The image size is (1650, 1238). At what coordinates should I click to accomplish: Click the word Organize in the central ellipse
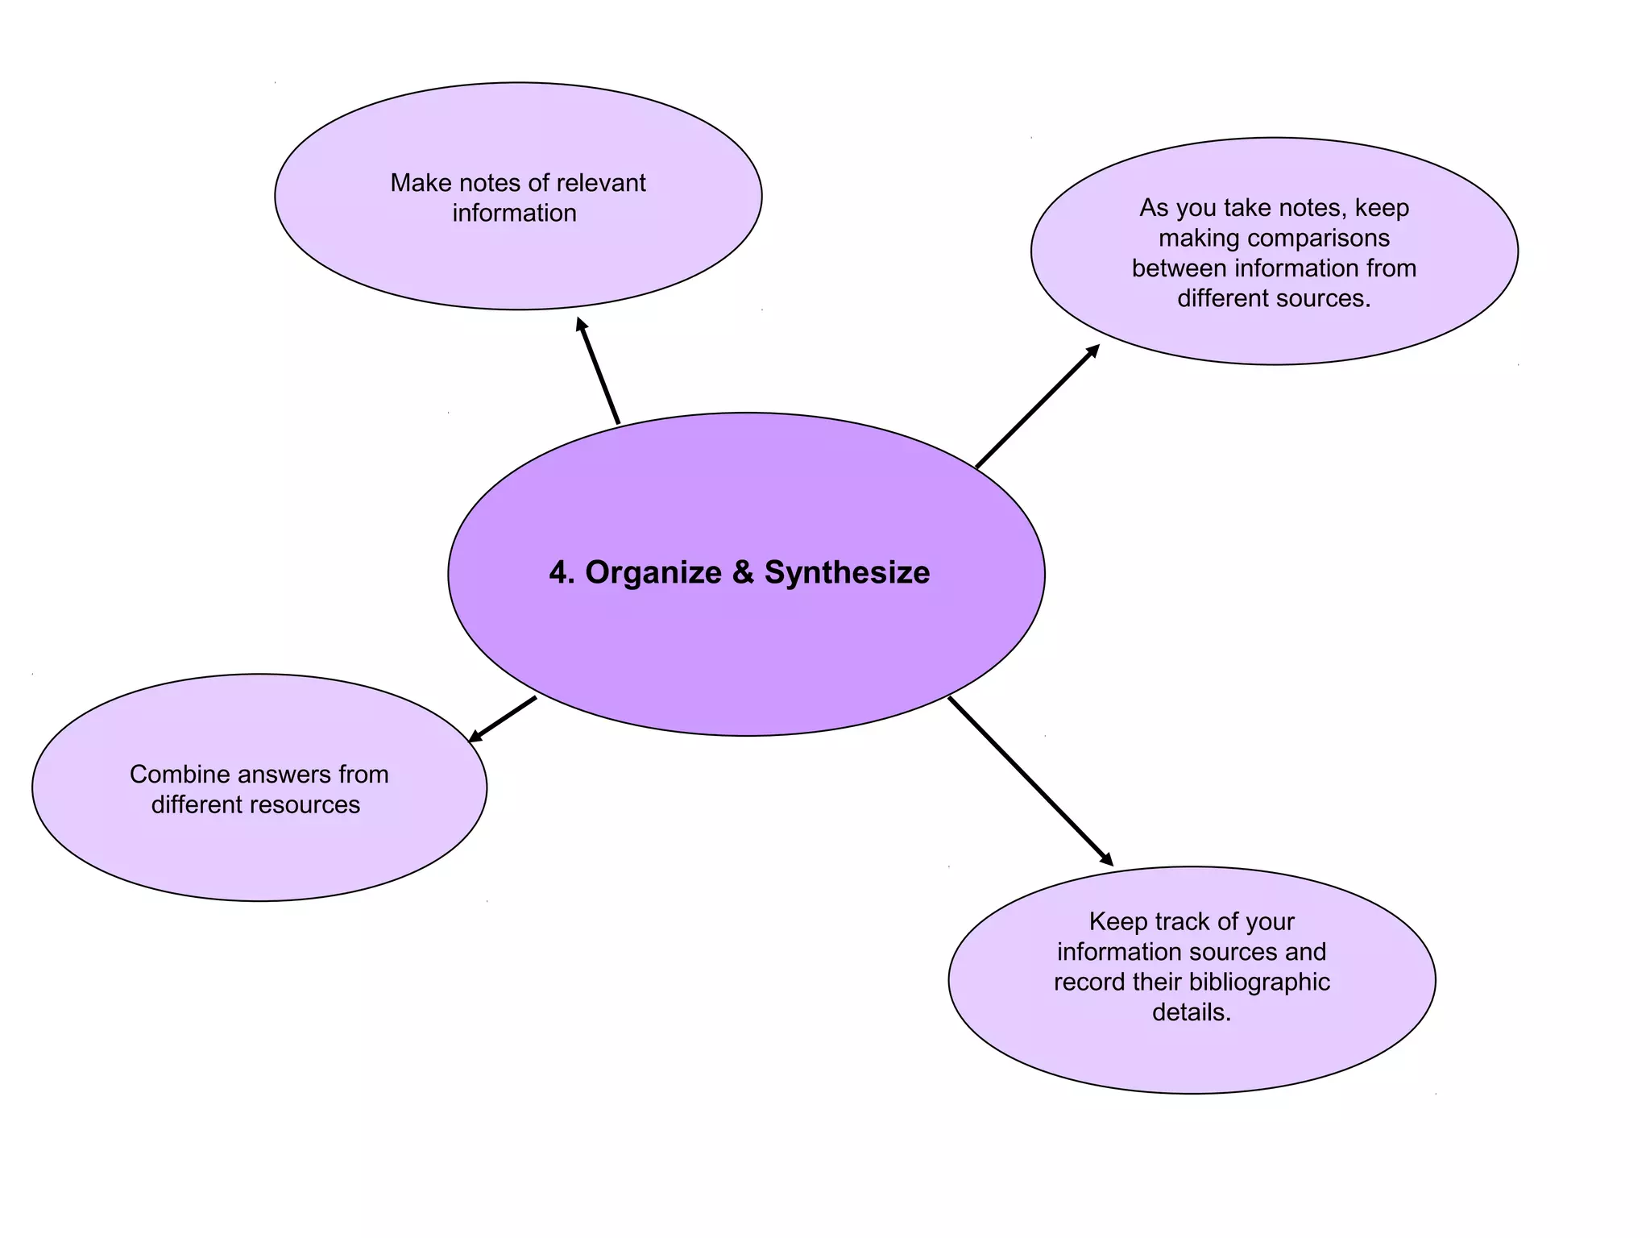(x=653, y=573)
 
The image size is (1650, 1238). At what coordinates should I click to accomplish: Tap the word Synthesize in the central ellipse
(x=847, y=573)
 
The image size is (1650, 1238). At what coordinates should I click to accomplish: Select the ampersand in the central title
(x=743, y=573)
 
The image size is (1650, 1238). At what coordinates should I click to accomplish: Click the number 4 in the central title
(x=558, y=573)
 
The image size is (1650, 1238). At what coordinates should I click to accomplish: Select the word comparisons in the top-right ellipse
(x=1319, y=239)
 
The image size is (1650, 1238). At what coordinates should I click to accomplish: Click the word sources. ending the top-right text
(x=1322, y=299)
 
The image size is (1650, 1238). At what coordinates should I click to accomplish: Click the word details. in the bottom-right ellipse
(x=1192, y=1012)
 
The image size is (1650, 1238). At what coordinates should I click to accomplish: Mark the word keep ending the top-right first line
(x=1382, y=209)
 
